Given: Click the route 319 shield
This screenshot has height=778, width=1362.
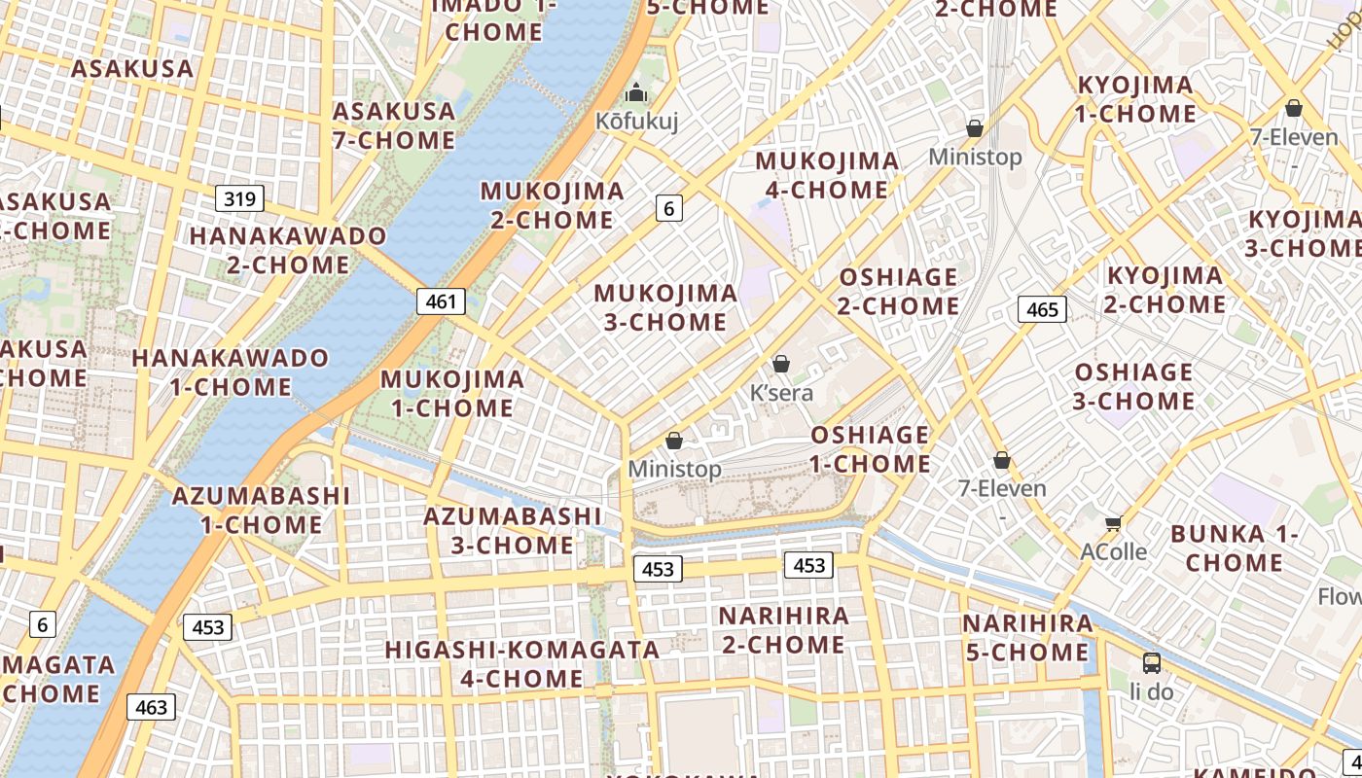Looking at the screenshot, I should point(239,199).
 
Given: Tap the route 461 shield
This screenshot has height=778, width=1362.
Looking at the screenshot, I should point(441,301).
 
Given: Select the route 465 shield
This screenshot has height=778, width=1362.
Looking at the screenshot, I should point(1042,309).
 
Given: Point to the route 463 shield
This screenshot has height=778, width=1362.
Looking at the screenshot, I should point(152,707).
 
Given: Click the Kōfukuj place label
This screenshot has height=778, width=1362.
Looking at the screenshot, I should point(637,122).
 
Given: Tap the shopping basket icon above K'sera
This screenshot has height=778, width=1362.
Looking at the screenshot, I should point(780,365).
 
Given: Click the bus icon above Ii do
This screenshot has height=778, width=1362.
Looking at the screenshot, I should point(1152,663).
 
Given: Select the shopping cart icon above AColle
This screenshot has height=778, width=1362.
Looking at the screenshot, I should point(1114,523).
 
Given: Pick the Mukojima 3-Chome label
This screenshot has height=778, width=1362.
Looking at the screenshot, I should point(665,307).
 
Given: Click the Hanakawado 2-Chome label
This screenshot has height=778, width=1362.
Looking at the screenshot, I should point(288,250).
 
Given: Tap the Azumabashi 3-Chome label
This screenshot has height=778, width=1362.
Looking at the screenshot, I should point(513,530).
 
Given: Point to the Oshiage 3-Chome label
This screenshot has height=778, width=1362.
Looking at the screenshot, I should point(1133,386).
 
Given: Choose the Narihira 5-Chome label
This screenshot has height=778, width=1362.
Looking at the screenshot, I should point(1027,637).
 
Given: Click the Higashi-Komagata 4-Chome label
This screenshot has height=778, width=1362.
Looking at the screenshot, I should point(521,663).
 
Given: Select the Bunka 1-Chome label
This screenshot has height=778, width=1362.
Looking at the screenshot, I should point(1235,548).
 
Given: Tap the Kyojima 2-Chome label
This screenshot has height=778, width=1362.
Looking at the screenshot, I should point(1165,290).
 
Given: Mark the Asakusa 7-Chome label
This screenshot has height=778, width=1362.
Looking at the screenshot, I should point(394,125).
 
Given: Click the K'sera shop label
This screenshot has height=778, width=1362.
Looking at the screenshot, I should point(781,394).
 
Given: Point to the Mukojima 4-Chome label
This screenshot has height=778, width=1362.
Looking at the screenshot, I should point(827,175).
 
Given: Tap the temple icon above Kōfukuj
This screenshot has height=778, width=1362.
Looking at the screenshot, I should point(637,93).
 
